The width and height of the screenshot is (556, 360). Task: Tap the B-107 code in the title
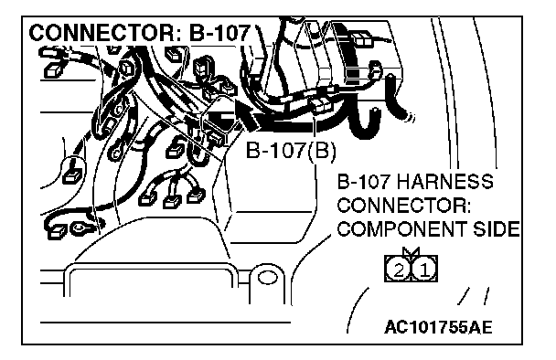tap(219, 33)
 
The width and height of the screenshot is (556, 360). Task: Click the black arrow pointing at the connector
tap(247, 113)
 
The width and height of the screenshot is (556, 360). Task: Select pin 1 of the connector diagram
tap(424, 270)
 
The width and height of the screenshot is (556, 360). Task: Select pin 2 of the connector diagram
tap(398, 270)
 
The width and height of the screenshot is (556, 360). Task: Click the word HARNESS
tap(445, 182)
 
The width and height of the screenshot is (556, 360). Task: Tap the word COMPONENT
tap(402, 229)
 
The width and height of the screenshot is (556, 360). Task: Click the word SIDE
tap(497, 229)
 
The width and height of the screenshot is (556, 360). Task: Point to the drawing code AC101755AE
tap(439, 327)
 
